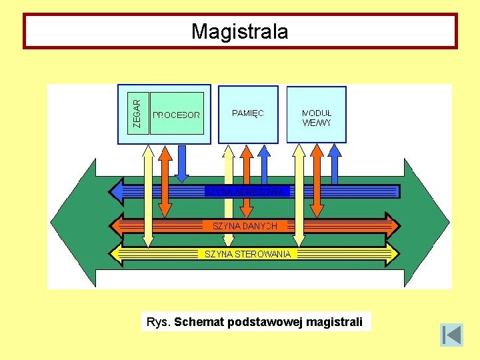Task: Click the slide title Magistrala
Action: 239,31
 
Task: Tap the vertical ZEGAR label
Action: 137,113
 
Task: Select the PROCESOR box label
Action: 176,115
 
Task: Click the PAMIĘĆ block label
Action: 248,113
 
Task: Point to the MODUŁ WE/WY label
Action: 316,118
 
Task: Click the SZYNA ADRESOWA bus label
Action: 247,192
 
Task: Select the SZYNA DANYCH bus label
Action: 244,226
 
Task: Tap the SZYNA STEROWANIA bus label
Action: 247,254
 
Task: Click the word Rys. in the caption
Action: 159,323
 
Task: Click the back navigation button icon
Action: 451,335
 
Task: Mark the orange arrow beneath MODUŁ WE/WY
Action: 317,180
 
